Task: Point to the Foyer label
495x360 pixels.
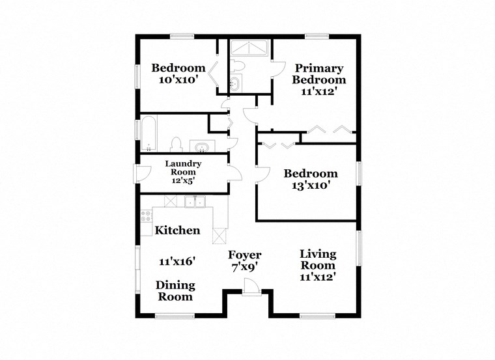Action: (x=245, y=255)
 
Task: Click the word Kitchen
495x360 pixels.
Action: (x=177, y=230)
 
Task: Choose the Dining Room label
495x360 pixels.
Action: (x=175, y=291)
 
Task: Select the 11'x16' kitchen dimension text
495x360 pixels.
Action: (x=178, y=262)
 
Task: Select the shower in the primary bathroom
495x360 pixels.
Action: (x=249, y=49)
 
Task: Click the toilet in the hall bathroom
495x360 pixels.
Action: (x=175, y=143)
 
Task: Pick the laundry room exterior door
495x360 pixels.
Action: (x=139, y=174)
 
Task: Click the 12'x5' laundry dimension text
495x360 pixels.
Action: (x=183, y=180)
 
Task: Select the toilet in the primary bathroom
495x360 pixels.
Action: (x=238, y=66)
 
